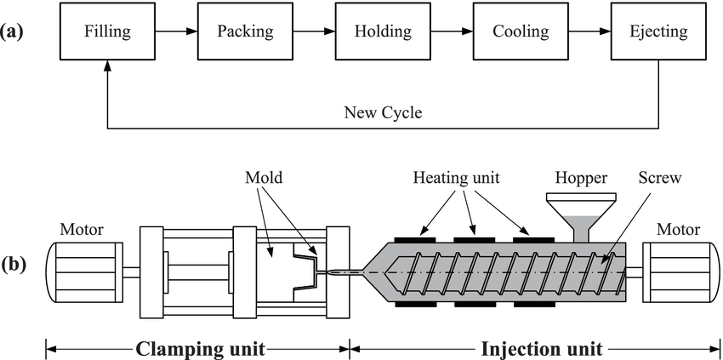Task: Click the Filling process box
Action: [x=107, y=32]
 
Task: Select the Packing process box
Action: [x=245, y=32]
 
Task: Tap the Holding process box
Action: [x=383, y=32]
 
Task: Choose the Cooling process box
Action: [x=521, y=32]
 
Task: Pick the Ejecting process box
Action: [x=658, y=32]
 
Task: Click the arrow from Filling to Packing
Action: [x=176, y=32]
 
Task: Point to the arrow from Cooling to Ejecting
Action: [x=589, y=32]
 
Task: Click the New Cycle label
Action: [x=382, y=112]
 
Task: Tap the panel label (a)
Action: [x=15, y=32]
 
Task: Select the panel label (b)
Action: [x=15, y=262]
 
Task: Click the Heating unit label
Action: [x=455, y=180]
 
